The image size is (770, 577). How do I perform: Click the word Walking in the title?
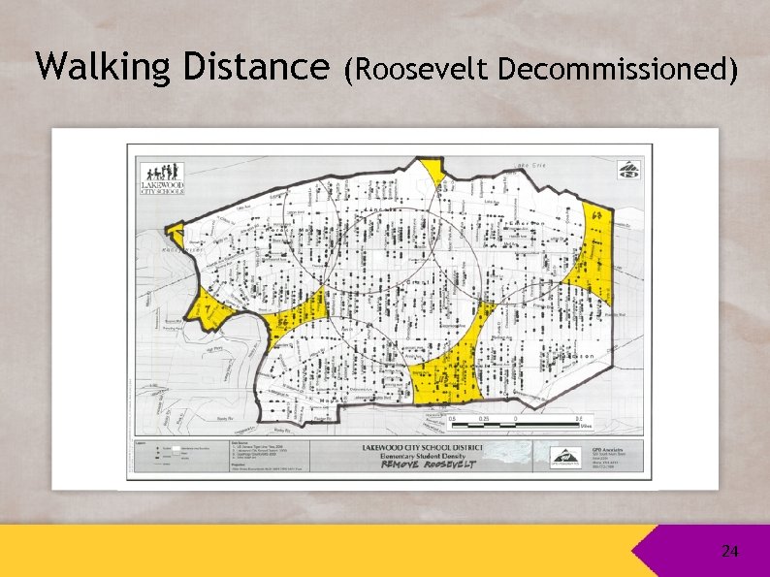[88, 67]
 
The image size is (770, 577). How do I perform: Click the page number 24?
[729, 552]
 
